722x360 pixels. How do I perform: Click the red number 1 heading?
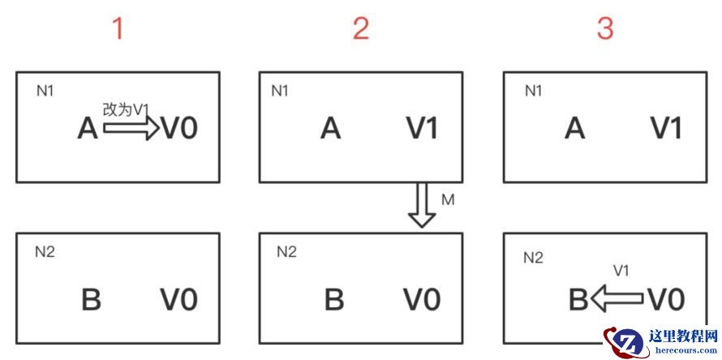click(118, 29)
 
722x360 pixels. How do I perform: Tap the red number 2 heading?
click(361, 29)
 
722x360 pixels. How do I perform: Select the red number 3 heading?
click(605, 29)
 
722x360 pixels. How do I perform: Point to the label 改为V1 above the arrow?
click(127, 109)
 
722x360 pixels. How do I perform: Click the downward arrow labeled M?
click(422, 206)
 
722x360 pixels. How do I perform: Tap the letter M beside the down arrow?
click(448, 199)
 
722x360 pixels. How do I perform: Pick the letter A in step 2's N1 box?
click(330, 128)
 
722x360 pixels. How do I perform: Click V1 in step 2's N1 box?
click(421, 128)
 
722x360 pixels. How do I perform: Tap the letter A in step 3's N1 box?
click(574, 128)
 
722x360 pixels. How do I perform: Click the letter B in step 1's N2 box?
click(91, 299)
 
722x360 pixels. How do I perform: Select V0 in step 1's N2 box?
click(179, 299)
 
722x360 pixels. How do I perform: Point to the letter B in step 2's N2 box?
click(334, 299)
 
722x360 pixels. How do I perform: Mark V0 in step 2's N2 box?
click(422, 299)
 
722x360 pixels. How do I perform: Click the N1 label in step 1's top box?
click(45, 90)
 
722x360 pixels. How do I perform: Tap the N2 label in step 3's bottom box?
click(533, 258)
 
